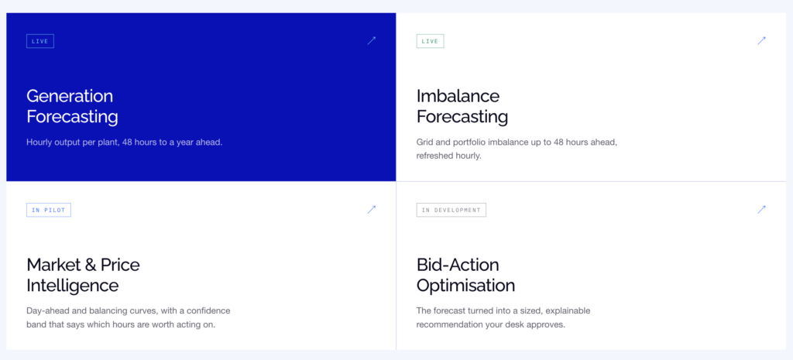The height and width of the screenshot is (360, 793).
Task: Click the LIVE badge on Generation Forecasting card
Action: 40,41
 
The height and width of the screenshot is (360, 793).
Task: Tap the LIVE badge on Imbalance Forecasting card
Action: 430,41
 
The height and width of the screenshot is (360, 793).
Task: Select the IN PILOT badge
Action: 49,210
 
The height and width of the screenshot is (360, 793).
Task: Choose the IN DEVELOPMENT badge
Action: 451,210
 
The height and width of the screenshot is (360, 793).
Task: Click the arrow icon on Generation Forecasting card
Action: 372,40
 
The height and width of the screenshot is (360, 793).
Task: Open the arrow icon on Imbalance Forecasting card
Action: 762,40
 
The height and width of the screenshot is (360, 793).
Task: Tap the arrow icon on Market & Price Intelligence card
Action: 372,209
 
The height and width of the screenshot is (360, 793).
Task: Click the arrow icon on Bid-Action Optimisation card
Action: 762,209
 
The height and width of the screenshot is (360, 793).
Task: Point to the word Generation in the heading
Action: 70,95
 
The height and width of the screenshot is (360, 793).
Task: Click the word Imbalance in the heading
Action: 458,95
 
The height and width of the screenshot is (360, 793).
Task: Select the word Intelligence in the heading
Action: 72,286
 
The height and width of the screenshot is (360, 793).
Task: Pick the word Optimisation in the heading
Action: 465,286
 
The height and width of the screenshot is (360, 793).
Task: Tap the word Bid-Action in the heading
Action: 458,265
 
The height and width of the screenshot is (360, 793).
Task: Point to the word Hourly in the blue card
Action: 39,142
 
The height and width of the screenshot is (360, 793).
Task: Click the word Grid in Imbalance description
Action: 424,142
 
